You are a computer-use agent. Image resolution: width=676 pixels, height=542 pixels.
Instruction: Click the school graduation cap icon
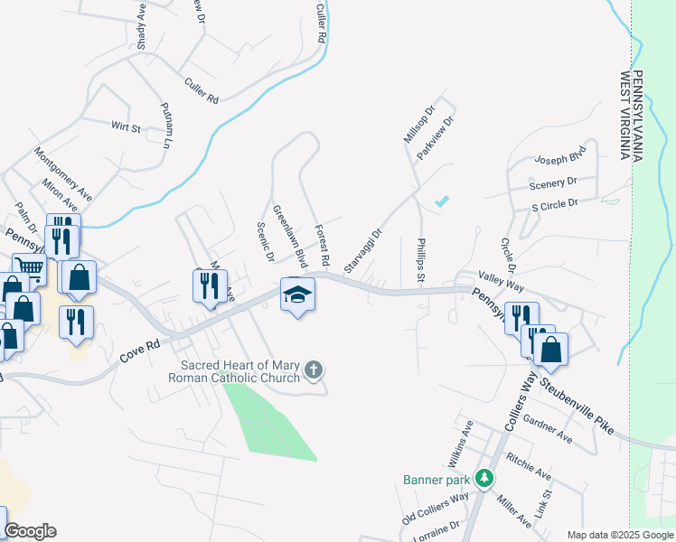[298, 294]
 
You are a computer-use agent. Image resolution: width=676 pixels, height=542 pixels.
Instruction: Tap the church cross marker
[314, 369]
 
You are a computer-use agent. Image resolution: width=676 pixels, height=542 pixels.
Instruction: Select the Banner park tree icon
[485, 477]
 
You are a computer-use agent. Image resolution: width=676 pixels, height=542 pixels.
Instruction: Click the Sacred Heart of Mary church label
[233, 370]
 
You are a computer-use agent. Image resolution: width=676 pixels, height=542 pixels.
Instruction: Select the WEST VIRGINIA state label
[624, 116]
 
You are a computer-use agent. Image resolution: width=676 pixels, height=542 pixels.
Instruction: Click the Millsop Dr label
[418, 126]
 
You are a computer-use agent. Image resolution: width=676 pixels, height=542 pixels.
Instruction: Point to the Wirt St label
[126, 127]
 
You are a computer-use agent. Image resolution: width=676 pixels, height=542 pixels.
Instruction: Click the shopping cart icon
[30, 266]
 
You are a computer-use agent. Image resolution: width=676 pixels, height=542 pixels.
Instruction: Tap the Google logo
[29, 531]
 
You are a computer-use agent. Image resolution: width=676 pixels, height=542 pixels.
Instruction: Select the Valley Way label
[502, 282]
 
